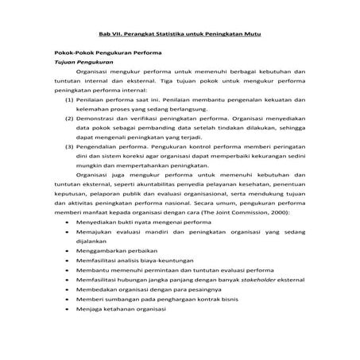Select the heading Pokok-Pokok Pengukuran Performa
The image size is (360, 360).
click(103, 52)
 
